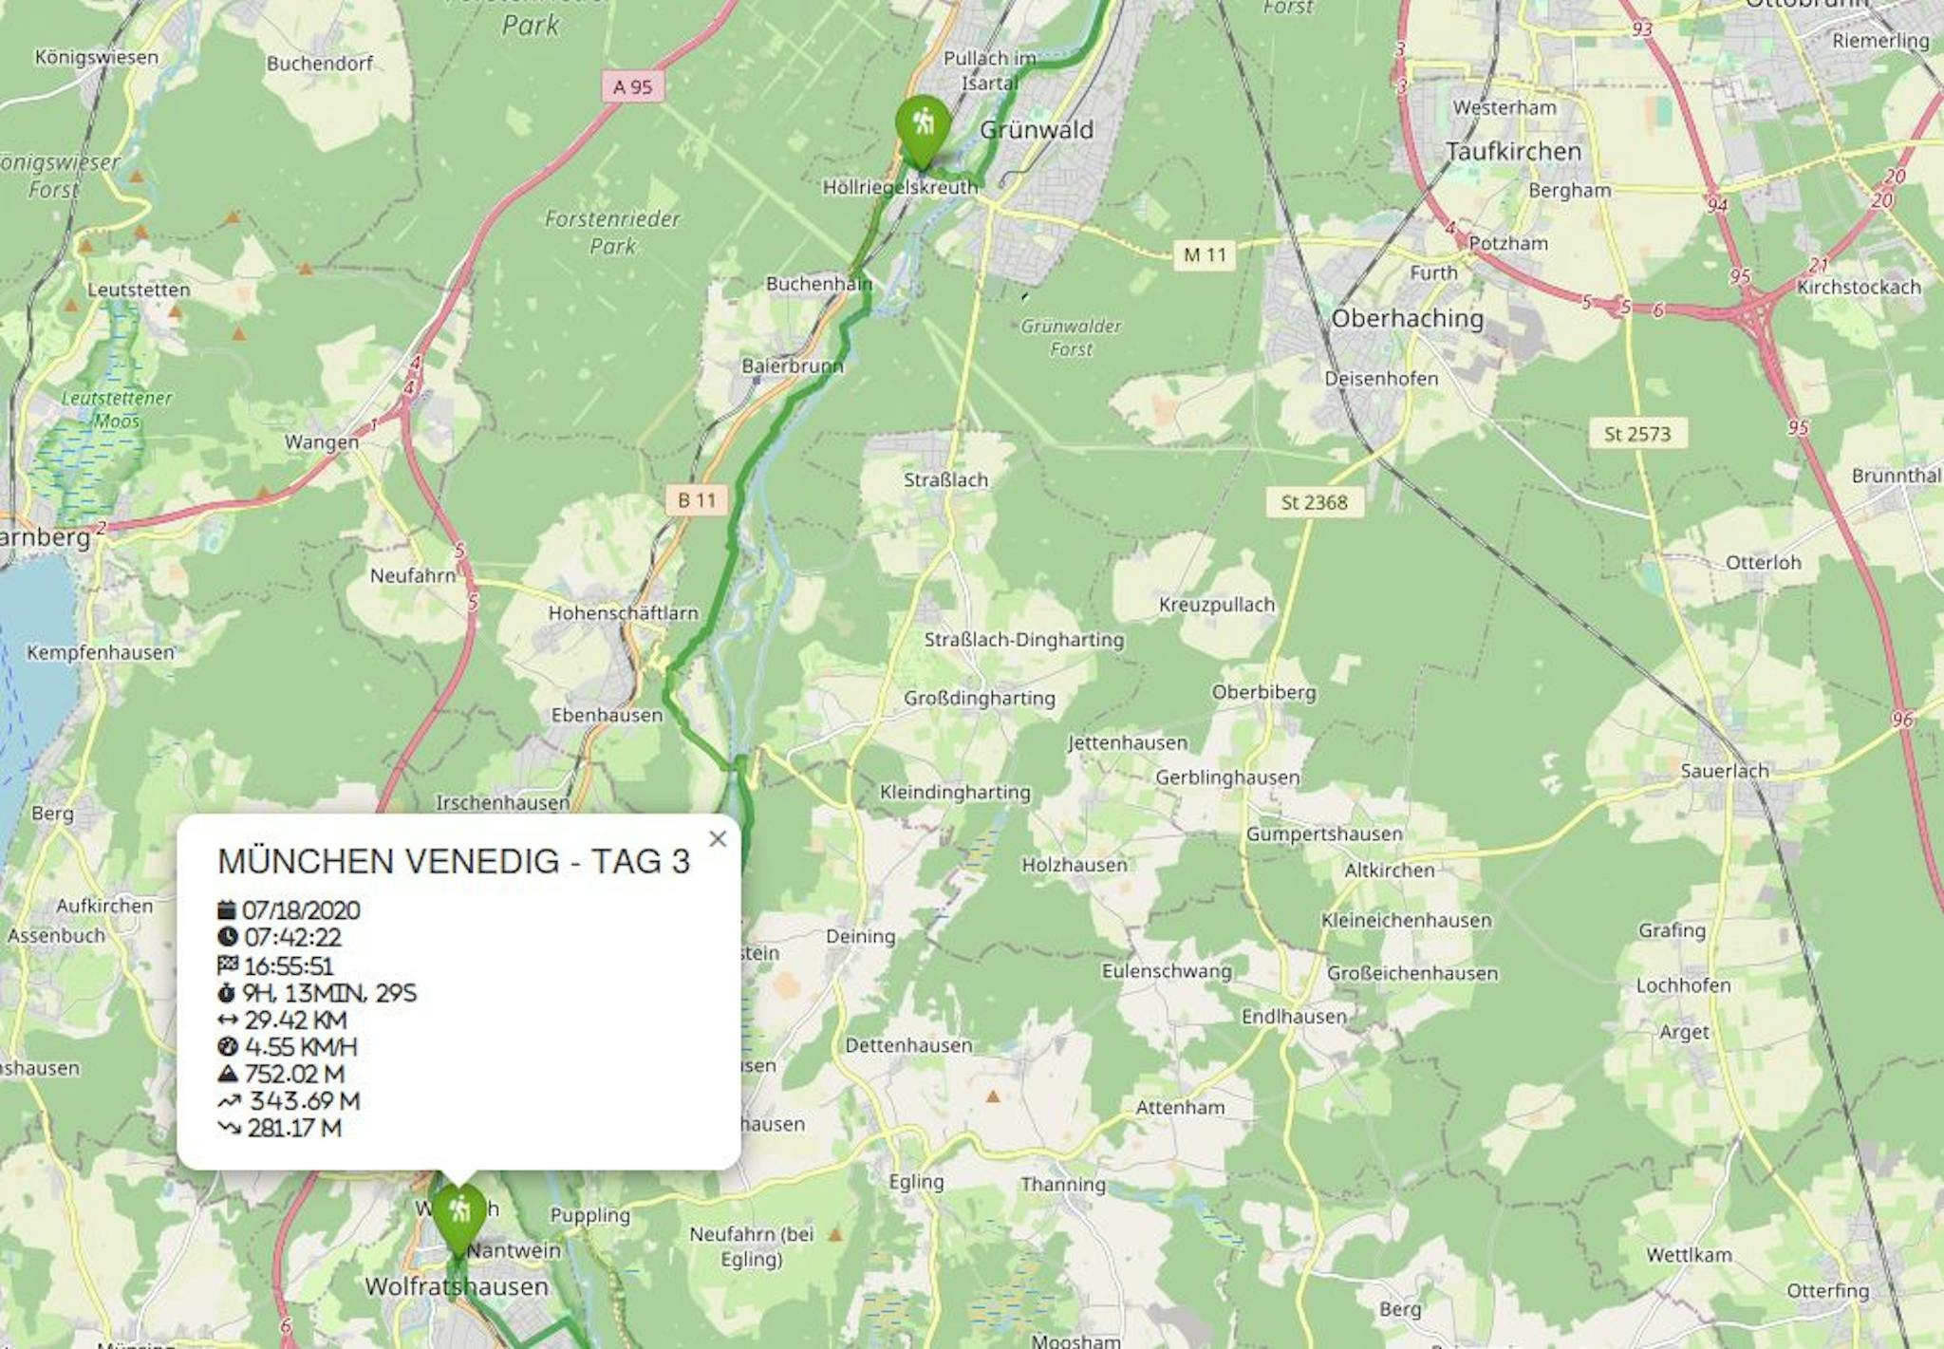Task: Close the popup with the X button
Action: (718, 838)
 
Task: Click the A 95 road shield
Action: (633, 87)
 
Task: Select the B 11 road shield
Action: (697, 500)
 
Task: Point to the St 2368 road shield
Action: (1314, 502)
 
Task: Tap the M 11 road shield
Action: (1205, 254)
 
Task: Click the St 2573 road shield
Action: (1636, 434)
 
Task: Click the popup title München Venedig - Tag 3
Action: (454, 861)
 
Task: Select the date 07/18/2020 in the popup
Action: (301, 910)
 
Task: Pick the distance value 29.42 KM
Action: (295, 1020)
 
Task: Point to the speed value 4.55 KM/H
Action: (300, 1047)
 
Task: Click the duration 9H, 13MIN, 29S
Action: (329, 993)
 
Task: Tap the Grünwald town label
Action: (1037, 130)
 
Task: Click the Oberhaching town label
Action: (1407, 318)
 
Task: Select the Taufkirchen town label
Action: (1513, 152)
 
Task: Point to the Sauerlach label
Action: (1724, 771)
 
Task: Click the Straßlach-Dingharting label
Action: (1023, 640)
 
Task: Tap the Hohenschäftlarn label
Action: (623, 613)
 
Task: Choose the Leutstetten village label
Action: (139, 290)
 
